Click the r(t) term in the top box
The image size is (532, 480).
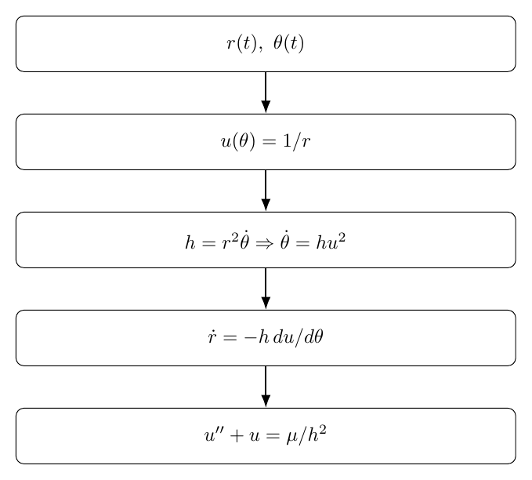[241, 43]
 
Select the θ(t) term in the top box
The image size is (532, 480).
[288, 43]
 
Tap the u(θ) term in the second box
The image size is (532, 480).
[238, 141]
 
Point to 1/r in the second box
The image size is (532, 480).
[296, 141]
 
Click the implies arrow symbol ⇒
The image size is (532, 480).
[265, 243]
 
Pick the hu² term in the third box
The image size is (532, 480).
[331, 242]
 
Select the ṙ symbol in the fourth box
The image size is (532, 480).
[212, 337]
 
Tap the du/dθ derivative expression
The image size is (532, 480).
[298, 338]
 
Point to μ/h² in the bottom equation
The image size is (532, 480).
[306, 435]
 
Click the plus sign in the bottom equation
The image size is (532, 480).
[237, 436]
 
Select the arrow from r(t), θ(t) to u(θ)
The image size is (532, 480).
[266, 93]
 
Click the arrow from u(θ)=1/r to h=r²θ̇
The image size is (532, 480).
[266, 191]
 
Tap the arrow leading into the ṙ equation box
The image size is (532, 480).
[266, 289]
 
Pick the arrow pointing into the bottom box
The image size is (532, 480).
[266, 387]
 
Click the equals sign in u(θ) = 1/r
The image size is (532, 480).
[270, 142]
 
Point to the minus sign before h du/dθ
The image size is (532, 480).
[251, 338]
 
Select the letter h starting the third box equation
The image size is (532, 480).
[190, 242]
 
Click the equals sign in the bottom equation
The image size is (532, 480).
[273, 436]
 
